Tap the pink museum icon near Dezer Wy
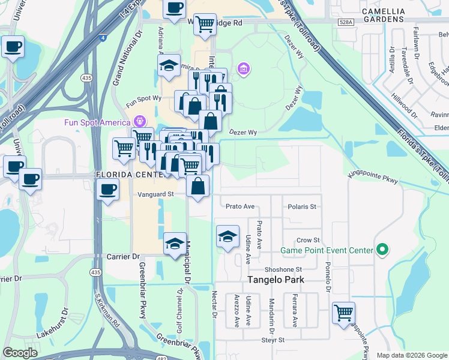(244, 70)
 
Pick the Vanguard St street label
(155, 194)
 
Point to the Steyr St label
(272, 340)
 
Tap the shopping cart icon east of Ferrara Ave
(343, 312)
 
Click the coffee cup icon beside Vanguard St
(108, 190)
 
